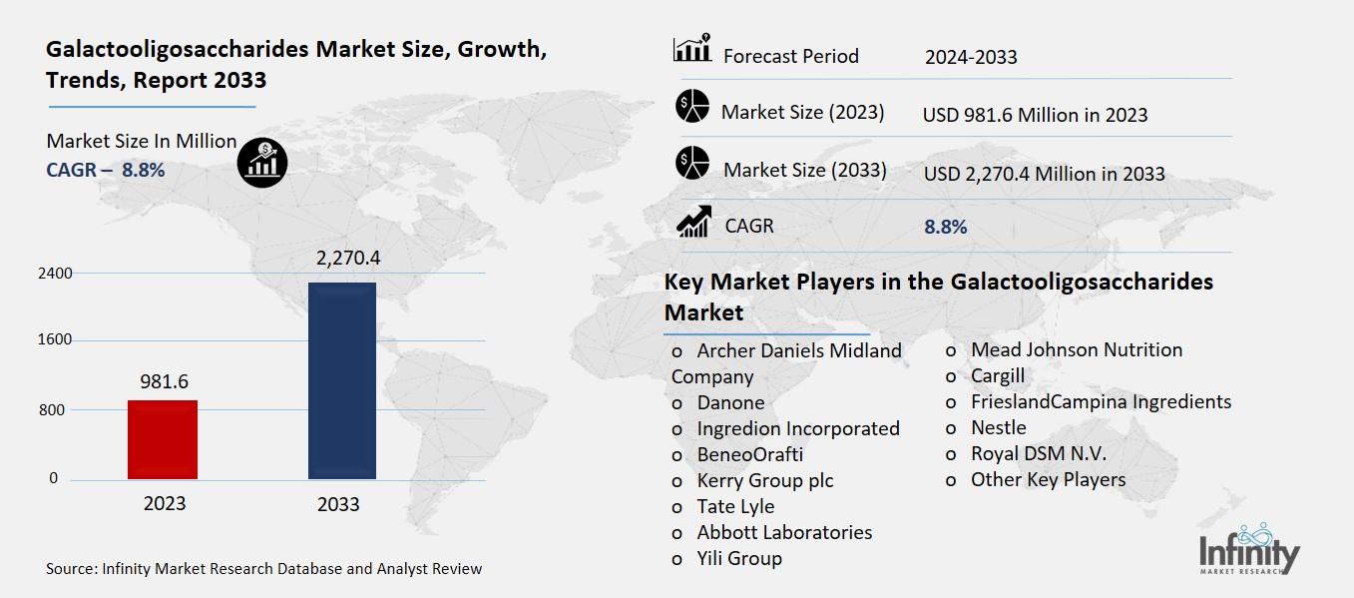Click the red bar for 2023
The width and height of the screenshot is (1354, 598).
pyautogui.click(x=163, y=439)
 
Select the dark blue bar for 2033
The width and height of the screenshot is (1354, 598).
pyautogui.click(x=341, y=380)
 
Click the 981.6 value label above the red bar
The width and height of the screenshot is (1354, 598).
pyautogui.click(x=164, y=381)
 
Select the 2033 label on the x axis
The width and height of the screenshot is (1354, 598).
pyautogui.click(x=338, y=504)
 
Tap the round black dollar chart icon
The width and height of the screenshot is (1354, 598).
pyautogui.click(x=262, y=161)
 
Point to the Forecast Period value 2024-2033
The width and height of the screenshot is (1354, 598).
pyautogui.click(x=971, y=57)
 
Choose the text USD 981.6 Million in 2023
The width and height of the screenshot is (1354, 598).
pyautogui.click(x=1035, y=115)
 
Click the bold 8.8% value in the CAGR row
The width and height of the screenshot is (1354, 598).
pyautogui.click(x=946, y=227)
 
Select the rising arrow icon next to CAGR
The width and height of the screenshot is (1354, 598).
pyautogui.click(x=692, y=222)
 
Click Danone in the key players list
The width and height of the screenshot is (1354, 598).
pyautogui.click(x=730, y=402)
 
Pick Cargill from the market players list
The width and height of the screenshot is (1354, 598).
pyautogui.click(x=997, y=375)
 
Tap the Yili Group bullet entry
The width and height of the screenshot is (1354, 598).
pyautogui.click(x=739, y=558)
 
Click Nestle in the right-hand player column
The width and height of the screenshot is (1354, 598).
pyautogui.click(x=998, y=427)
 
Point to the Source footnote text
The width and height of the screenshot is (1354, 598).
pyautogui.click(x=264, y=569)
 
